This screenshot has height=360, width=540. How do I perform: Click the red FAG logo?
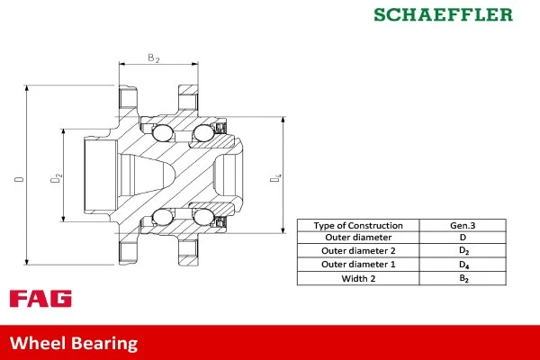[x=40, y=299]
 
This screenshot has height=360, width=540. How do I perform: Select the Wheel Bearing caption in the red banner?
[x=74, y=343]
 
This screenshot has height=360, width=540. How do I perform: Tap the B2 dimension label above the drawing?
[x=153, y=58]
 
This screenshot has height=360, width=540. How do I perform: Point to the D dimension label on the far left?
[x=19, y=180]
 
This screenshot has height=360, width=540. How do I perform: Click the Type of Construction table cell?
[x=358, y=225]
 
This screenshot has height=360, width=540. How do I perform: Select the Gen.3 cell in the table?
[x=463, y=225]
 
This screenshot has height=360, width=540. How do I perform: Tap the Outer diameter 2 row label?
[x=358, y=251]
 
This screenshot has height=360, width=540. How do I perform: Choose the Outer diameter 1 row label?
[x=358, y=265]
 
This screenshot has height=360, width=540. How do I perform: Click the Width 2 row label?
[x=358, y=278]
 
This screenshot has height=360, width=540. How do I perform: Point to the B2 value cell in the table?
[x=463, y=278]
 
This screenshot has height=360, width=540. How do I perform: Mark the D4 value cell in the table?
[x=463, y=265]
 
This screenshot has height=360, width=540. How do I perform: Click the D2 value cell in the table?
[x=463, y=251]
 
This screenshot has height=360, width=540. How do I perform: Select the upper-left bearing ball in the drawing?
[x=163, y=135]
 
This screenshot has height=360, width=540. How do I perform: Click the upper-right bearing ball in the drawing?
[x=202, y=135]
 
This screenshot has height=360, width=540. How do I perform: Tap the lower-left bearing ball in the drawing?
[x=163, y=216]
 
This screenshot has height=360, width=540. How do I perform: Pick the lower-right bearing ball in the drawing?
[x=202, y=216]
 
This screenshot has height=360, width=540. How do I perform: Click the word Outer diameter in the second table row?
[x=358, y=238]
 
